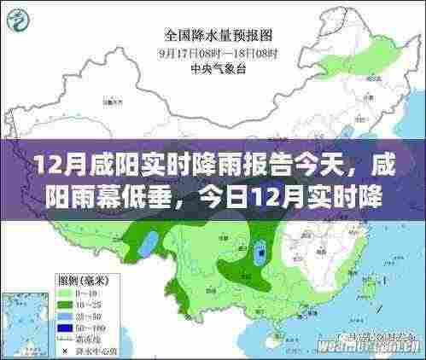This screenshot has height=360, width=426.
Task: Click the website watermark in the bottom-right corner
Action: tap(376, 347)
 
